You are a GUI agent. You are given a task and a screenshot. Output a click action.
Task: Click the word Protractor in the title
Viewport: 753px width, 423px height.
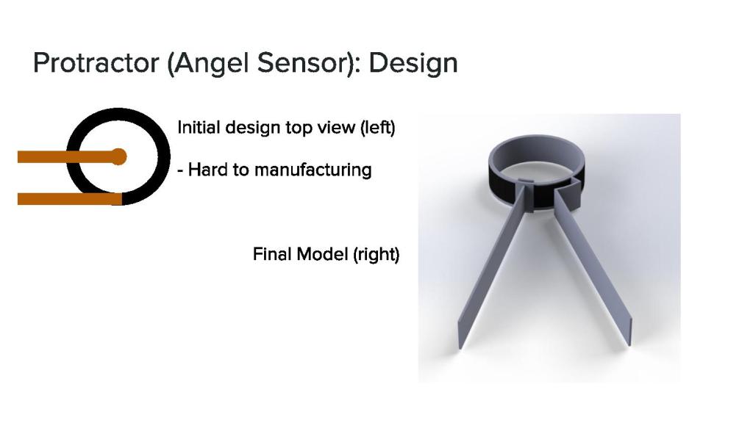[x=96, y=63]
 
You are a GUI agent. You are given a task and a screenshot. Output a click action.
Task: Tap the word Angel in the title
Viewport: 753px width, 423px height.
[x=209, y=64]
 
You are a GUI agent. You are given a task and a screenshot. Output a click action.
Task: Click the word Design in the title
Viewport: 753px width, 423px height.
[x=413, y=64]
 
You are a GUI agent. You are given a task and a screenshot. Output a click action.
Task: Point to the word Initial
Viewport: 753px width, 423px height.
[x=199, y=128]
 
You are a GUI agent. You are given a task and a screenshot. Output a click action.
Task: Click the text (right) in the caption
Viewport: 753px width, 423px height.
[x=376, y=255]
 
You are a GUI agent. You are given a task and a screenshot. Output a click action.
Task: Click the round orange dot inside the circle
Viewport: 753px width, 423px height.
[x=118, y=157]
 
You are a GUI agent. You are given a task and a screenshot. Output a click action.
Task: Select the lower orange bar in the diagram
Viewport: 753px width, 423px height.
[x=70, y=198]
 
